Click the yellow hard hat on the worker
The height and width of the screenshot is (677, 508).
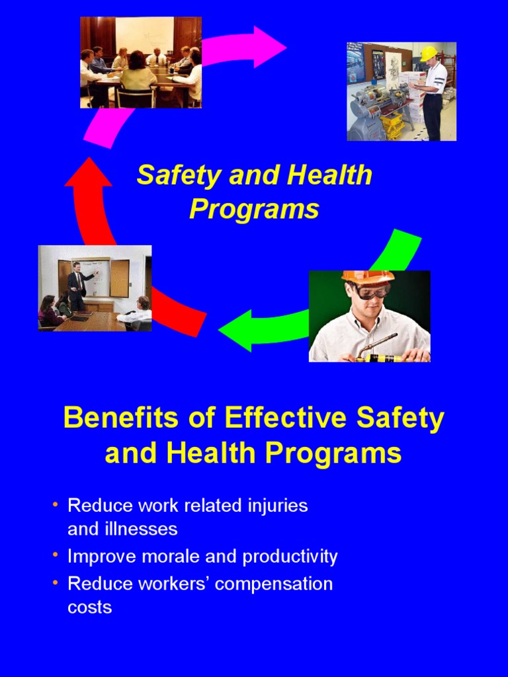[429, 53]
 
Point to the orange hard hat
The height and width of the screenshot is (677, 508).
[368, 276]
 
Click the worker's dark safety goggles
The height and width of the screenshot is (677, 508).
[370, 291]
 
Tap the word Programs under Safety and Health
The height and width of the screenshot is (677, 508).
[254, 210]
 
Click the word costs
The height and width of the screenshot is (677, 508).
[90, 608]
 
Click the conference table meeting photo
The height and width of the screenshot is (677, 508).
[141, 62]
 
